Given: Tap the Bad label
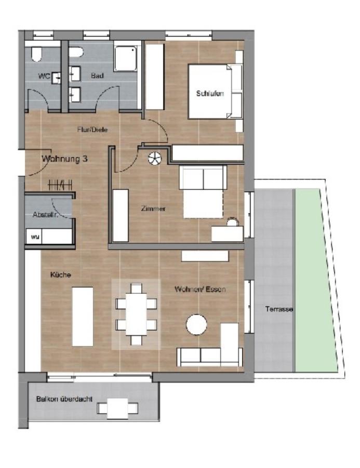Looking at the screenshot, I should tap(97, 76).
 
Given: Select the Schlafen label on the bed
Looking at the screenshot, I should tap(210, 94).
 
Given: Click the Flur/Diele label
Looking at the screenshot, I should tap(93, 130).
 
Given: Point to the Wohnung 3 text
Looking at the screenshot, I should tap(64, 159).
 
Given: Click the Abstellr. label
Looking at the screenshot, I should tap(45, 214).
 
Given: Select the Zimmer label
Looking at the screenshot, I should tap(153, 209).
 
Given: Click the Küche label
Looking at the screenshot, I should tap(61, 274).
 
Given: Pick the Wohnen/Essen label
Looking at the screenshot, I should tap(201, 289).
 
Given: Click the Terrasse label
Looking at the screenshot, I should tap(279, 309).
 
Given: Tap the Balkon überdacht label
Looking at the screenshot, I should tap(64, 399).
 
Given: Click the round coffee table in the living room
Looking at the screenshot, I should tap(197, 325).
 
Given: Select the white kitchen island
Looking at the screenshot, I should tap(83, 316).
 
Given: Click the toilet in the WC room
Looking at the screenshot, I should tap(36, 55).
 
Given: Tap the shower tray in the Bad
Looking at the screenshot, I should tap(126, 58).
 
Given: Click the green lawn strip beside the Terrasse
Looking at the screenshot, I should tap(315, 281).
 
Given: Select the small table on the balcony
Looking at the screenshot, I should tap(118, 408).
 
